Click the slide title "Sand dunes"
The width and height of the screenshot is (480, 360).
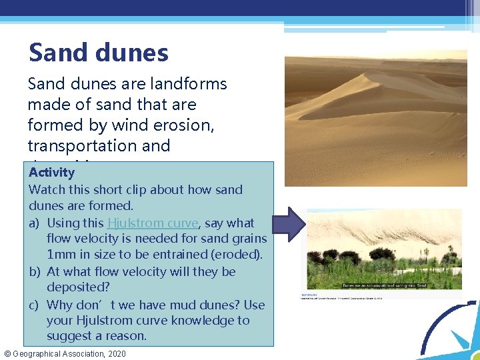pos(99,53)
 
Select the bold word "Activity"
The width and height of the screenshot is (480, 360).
pos(52,173)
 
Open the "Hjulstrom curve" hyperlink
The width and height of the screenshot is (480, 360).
pos(153,223)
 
